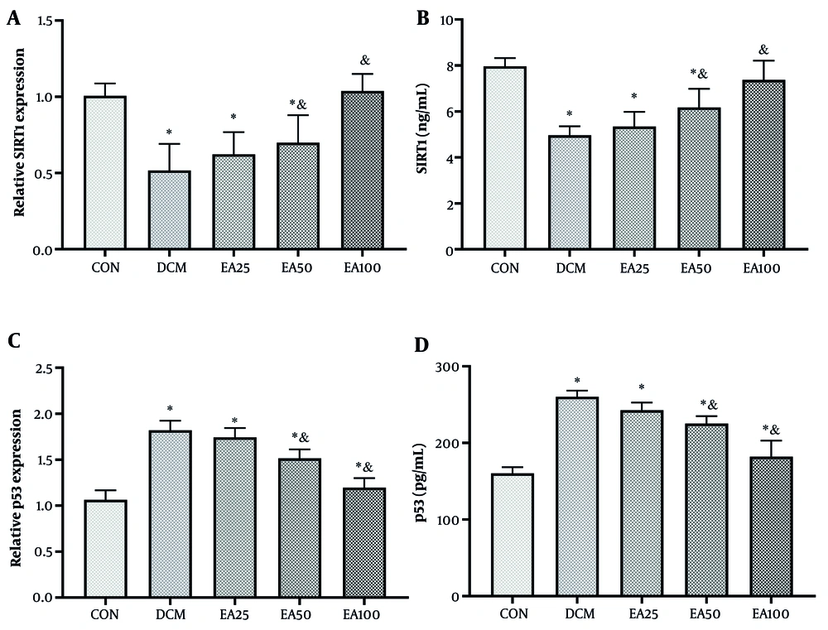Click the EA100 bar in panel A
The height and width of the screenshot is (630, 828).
pos(358,171)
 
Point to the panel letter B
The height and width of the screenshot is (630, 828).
pos(422,18)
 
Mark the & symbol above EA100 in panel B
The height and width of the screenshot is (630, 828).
pos(763,49)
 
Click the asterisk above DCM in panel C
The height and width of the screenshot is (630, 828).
pos(169,409)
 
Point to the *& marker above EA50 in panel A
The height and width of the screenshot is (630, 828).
pos(299,103)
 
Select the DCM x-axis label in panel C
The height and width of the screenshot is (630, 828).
pos(169,614)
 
